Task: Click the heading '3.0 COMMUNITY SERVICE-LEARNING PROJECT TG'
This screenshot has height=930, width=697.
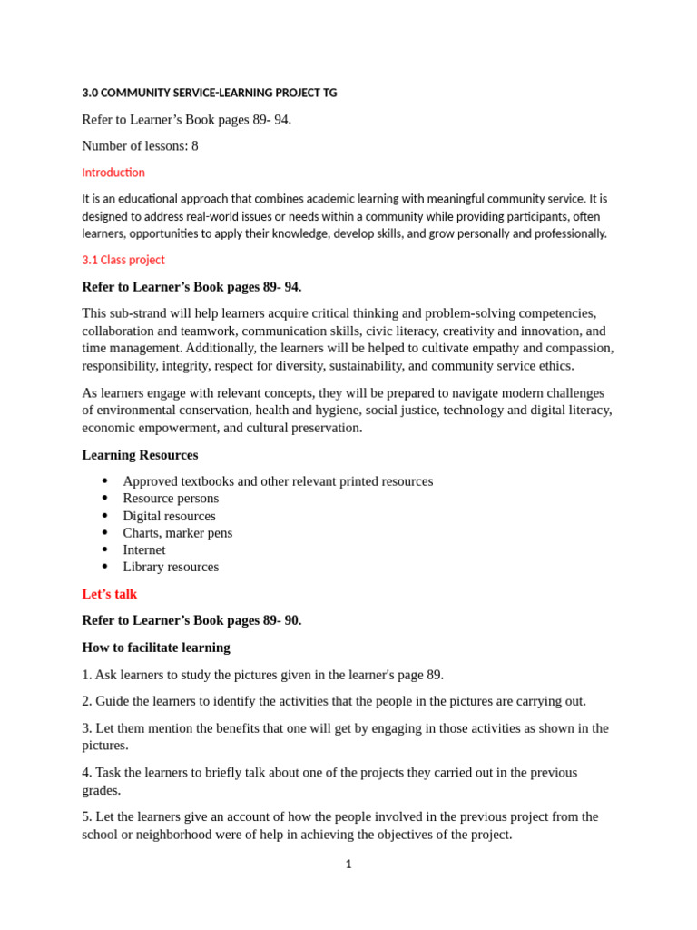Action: (x=209, y=93)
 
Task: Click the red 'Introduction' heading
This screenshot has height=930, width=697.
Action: (x=113, y=173)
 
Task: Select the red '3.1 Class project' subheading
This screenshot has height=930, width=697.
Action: (x=123, y=260)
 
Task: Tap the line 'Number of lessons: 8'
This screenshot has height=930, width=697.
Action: (x=140, y=145)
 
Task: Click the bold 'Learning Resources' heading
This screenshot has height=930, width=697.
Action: (x=140, y=454)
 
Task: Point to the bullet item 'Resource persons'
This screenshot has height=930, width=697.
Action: (x=171, y=499)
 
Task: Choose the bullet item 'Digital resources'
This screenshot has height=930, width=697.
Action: (x=169, y=516)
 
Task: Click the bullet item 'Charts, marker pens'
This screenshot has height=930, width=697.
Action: (x=177, y=533)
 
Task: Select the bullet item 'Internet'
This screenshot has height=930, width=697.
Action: (x=144, y=549)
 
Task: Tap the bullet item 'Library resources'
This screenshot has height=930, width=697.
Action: (x=171, y=567)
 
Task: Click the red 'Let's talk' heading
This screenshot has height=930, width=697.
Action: (x=110, y=594)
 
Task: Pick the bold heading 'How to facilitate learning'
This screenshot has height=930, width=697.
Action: (x=156, y=648)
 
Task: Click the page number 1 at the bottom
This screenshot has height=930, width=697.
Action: (x=348, y=865)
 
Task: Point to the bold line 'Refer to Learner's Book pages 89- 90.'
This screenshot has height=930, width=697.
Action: (x=191, y=620)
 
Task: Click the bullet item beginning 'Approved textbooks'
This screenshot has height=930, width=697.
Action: (x=278, y=481)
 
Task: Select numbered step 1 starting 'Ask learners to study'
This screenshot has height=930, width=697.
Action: (x=263, y=675)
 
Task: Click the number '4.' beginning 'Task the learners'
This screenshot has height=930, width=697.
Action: (x=87, y=773)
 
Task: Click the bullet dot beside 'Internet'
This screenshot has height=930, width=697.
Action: (x=105, y=549)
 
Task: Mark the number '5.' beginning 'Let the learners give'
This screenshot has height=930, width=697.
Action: (x=87, y=817)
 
